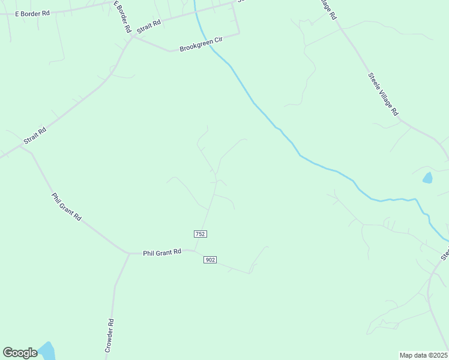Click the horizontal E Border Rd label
pyautogui.click(x=32, y=13)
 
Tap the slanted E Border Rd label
pyautogui.click(x=123, y=16)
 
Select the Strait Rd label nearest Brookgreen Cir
pyautogui.click(x=149, y=26)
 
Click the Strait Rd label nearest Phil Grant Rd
pyautogui.click(x=35, y=136)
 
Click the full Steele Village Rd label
pyautogui.click(x=382, y=94)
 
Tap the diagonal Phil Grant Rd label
pyautogui.click(x=66, y=206)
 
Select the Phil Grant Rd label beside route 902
pyautogui.click(x=161, y=253)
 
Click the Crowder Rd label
pyautogui.click(x=109, y=335)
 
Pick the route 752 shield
pyautogui.click(x=200, y=233)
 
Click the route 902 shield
pyautogui.click(x=210, y=259)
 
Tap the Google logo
pyautogui.click(x=20, y=353)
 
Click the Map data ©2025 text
pyautogui.click(x=423, y=355)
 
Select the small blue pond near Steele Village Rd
pyautogui.click(x=427, y=178)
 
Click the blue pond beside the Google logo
pyautogui.click(x=46, y=350)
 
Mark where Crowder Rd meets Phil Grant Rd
pyautogui.click(x=128, y=254)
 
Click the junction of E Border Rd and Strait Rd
pyautogui.click(x=133, y=37)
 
